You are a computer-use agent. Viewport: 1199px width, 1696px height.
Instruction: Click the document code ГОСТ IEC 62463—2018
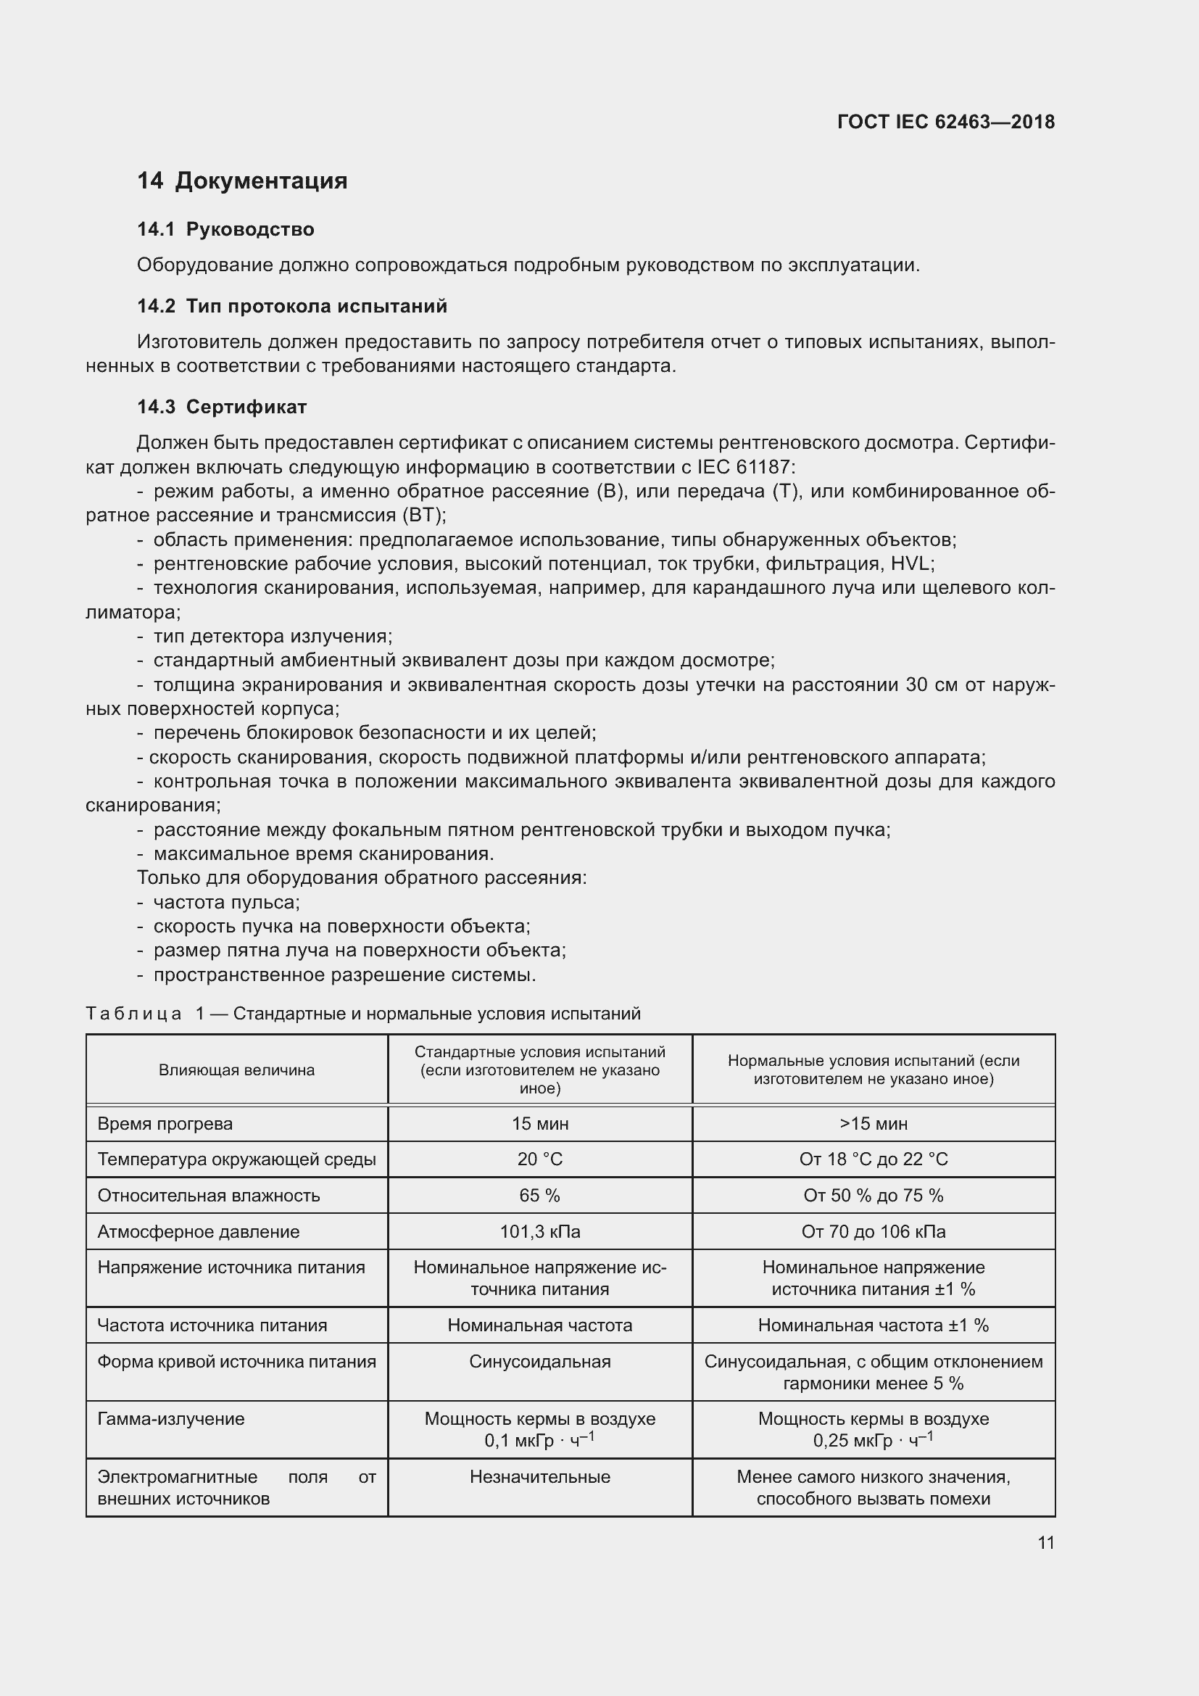(946, 122)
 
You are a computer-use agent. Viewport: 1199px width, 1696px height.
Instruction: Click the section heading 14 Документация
(242, 181)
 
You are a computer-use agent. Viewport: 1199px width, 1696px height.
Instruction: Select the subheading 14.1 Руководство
(225, 230)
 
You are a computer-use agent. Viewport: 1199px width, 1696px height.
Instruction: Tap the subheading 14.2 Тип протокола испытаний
(291, 307)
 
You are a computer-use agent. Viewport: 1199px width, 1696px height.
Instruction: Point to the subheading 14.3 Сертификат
(222, 407)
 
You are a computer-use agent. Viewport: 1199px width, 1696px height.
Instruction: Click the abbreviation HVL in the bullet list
(912, 564)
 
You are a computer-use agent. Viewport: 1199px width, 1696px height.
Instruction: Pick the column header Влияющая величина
(236, 1070)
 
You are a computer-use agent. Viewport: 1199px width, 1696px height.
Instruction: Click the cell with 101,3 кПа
(540, 1231)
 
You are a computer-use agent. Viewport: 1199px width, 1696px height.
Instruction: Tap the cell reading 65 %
(540, 1195)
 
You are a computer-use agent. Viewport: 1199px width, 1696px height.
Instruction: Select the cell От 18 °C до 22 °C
(874, 1159)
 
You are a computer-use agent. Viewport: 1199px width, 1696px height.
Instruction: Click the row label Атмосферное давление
(199, 1231)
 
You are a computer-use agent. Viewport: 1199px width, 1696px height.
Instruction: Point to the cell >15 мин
(874, 1123)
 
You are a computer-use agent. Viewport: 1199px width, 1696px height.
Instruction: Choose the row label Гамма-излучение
(170, 1418)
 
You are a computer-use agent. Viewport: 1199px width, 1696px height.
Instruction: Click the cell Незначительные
(540, 1476)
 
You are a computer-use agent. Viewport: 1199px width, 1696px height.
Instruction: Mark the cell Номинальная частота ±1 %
(874, 1325)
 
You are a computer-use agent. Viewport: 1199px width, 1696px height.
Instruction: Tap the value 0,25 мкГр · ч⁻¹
(874, 1441)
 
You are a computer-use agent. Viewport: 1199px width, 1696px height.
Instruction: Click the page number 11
(1045, 1542)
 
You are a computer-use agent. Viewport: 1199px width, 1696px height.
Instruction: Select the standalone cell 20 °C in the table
(540, 1159)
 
